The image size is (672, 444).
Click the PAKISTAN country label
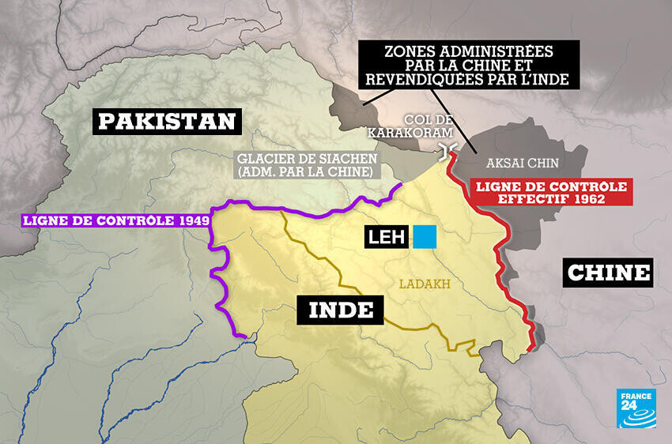(x=167, y=121)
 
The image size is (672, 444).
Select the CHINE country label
(x=609, y=273)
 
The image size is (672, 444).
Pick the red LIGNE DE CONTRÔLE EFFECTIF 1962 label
(x=552, y=193)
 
